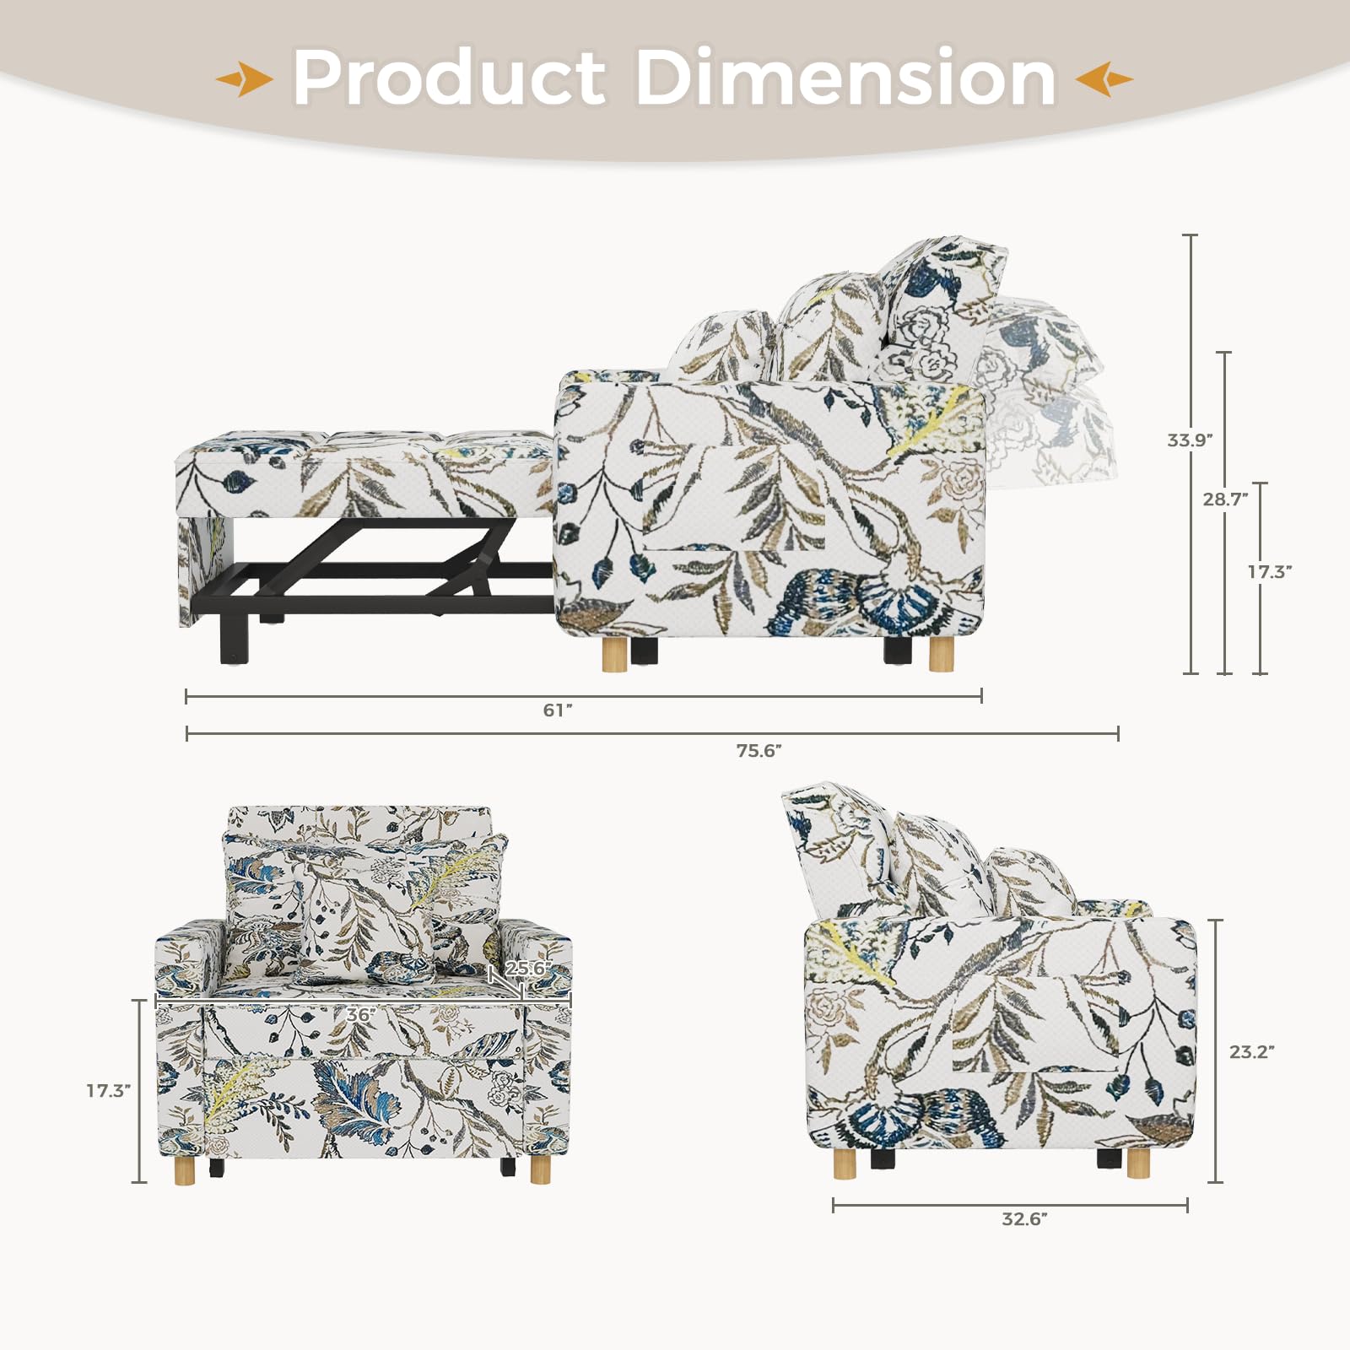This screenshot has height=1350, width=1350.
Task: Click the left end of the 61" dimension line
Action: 186,696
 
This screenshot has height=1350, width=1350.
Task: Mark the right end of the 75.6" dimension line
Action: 1118,734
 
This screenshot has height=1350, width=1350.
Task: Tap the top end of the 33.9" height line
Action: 1191,235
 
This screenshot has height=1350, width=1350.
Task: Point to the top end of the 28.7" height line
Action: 1224,353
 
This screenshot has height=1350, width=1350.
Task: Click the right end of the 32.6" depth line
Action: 1187,1206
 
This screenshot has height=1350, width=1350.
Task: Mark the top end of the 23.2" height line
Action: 1216,921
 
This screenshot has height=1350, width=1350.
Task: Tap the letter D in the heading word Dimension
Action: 668,78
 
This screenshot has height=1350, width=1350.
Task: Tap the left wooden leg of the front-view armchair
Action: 185,1170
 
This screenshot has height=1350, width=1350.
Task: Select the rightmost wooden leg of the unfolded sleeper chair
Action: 941,655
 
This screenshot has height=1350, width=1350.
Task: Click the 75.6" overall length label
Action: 759,751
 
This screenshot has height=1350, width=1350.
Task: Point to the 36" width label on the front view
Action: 360,1015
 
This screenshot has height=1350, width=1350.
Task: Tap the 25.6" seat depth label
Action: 528,969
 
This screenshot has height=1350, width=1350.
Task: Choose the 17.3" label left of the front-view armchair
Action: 109,1091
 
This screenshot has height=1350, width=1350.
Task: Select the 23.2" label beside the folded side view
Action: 1252,1052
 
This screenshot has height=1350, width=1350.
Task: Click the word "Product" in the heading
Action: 449,78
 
